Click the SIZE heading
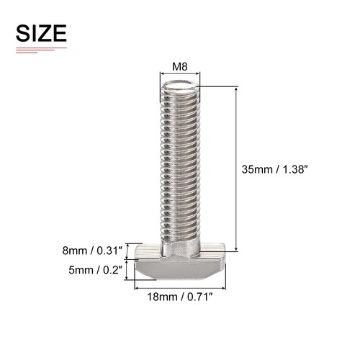pos(41,33)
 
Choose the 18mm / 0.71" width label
pos(179,296)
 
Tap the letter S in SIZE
pos(22,33)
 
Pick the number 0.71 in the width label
pos(198,296)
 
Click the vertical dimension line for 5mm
pos(128,271)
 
